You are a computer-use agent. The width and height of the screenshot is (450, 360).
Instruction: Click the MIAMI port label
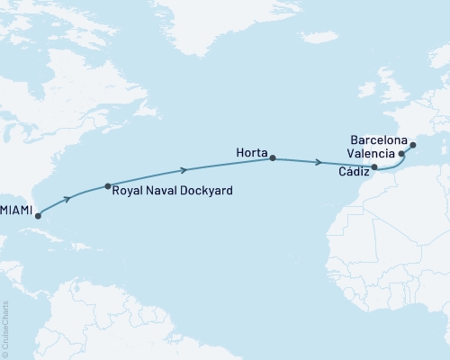(16, 209)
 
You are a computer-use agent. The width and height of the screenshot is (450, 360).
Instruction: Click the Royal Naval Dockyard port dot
(108, 186)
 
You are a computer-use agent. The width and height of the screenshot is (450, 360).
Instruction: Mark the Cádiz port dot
(374, 167)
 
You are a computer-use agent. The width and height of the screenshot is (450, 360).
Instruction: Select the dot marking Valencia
(401, 155)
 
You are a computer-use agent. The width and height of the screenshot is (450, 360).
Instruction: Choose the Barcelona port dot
(412, 144)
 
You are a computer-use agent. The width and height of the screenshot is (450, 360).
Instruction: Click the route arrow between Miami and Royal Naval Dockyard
(67, 198)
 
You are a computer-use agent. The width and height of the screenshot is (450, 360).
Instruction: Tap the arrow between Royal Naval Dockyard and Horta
(184, 169)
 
